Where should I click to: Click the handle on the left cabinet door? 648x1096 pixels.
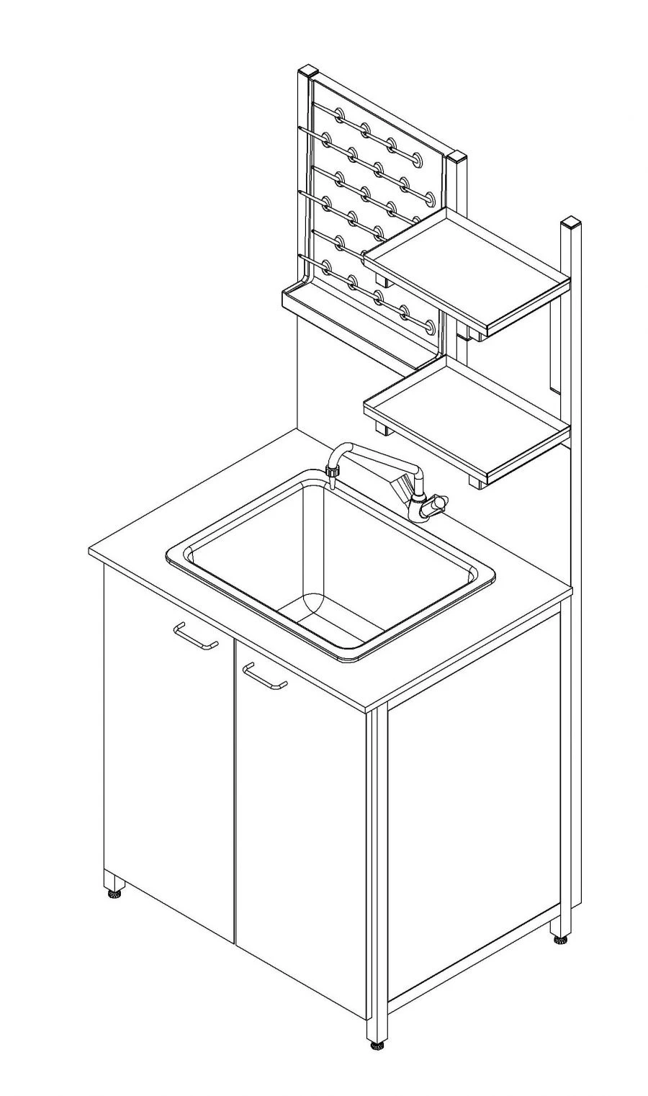point(196,637)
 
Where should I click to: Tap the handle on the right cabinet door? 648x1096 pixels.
point(264,676)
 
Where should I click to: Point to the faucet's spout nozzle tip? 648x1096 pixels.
point(332,473)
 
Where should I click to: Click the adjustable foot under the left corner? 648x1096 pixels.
point(114,894)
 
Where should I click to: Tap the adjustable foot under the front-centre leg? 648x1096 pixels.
point(375,1045)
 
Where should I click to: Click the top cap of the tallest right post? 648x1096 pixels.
point(570,220)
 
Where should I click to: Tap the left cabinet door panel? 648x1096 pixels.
point(169,756)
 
